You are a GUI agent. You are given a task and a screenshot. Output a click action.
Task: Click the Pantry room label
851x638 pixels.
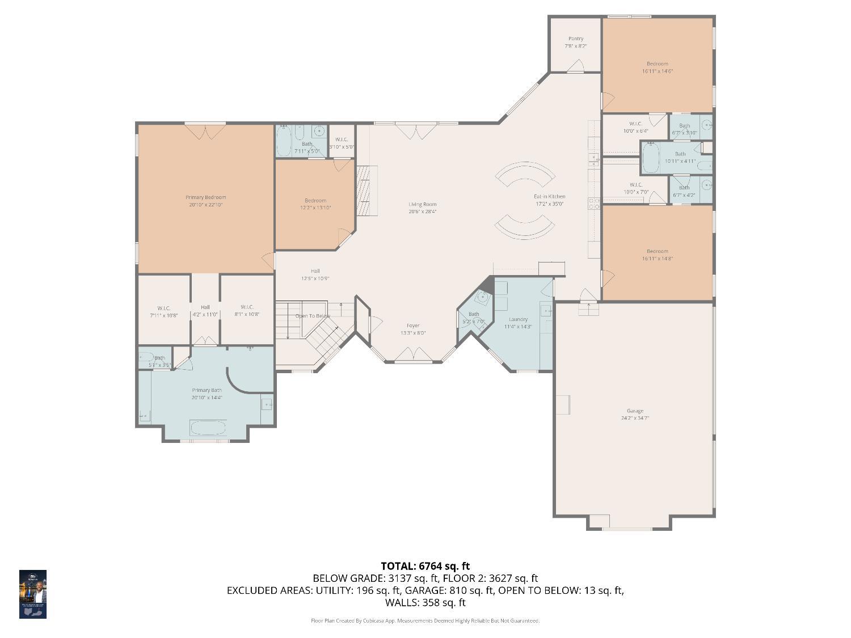click(x=575, y=39)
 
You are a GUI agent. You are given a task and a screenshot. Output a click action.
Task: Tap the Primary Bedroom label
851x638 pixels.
click(x=205, y=197)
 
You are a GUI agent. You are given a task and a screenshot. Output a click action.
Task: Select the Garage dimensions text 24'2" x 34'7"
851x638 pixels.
click(x=635, y=418)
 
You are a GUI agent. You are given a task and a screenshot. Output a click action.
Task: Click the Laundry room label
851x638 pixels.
click(x=518, y=319)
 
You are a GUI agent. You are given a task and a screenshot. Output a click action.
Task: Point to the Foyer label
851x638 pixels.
click(x=413, y=326)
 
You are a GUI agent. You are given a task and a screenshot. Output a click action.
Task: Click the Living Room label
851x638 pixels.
click(x=423, y=204)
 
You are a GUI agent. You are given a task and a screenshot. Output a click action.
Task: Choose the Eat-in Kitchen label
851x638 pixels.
click(x=549, y=196)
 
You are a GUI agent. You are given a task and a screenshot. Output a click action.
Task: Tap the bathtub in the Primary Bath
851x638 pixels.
click(x=208, y=427)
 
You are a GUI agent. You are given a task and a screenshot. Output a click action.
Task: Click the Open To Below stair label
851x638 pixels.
click(x=312, y=316)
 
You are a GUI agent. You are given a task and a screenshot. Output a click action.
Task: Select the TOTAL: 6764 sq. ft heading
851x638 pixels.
click(x=425, y=565)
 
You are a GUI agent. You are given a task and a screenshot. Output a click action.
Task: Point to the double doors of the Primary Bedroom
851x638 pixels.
click(x=205, y=132)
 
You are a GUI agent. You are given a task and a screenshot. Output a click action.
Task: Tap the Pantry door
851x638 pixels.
click(x=576, y=66)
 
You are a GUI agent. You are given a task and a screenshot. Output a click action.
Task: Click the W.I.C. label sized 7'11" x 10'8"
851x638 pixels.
click(x=164, y=308)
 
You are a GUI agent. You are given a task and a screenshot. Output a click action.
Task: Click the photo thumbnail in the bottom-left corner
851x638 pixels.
click(x=33, y=594)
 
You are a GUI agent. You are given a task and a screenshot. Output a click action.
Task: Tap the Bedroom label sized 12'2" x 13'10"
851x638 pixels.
click(x=315, y=200)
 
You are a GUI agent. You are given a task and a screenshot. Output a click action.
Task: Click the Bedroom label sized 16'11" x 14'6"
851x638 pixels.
click(x=657, y=64)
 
